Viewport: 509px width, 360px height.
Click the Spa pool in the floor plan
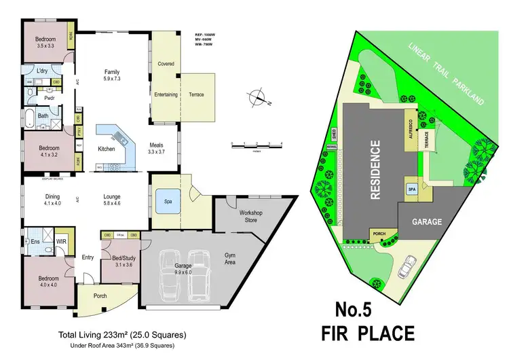(168, 202)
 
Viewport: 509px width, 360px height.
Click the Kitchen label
(107, 148)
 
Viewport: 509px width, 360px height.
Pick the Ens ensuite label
(34, 241)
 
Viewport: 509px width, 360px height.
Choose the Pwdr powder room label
(50, 97)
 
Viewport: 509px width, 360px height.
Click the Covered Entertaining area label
(166, 79)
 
